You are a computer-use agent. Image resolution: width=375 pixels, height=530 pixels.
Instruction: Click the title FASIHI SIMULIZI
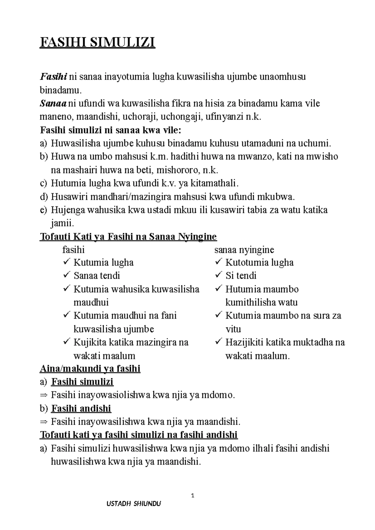97,42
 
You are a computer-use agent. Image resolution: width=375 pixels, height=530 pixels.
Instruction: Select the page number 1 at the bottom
193,496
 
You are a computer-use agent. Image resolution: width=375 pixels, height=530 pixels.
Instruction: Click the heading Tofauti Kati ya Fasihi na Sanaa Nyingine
128,237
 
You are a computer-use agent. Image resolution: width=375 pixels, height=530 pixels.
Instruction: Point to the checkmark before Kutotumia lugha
218,262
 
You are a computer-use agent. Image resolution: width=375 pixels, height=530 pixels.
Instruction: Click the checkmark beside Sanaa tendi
67,275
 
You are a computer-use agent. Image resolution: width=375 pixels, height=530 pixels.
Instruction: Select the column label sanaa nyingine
244,250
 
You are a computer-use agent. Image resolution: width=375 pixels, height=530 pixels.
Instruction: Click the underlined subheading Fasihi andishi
81,408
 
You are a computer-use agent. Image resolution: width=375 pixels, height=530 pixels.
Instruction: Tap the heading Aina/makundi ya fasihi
90,369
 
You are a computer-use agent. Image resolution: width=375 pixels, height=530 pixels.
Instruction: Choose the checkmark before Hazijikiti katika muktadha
218,342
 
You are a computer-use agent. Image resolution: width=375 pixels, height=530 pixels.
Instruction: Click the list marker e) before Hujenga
43,210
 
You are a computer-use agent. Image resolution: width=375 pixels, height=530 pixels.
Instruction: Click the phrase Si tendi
241,275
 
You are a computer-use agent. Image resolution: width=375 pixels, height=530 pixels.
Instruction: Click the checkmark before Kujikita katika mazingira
67,342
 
